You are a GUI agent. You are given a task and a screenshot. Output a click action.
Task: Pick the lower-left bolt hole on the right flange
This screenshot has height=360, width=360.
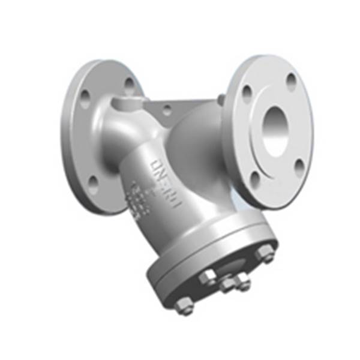pyautogui.click(x=255, y=177)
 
